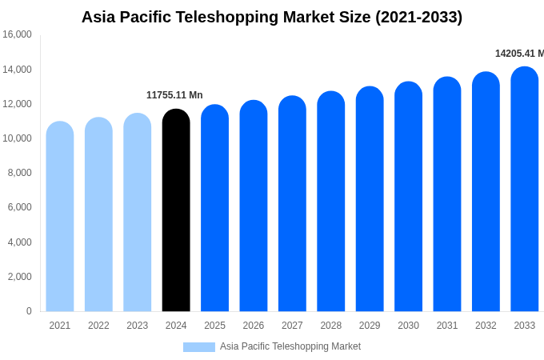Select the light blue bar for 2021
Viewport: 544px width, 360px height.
point(60,217)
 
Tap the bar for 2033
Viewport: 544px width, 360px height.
point(525,190)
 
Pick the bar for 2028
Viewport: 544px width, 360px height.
point(331,202)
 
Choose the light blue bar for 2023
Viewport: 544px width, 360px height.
point(138,213)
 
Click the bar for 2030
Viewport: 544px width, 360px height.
point(408,197)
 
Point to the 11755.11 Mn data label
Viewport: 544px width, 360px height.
point(174,95)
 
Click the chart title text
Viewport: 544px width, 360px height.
point(272,17)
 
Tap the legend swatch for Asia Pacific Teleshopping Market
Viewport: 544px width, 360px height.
point(198,347)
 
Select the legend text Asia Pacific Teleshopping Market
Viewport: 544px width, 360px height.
point(290,347)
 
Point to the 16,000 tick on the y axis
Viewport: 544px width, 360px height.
point(17,34)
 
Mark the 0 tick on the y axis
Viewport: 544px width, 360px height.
point(29,311)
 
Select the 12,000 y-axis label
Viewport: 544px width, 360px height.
point(17,104)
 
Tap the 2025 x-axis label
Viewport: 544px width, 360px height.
point(214,326)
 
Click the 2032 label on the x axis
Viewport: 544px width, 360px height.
point(486,326)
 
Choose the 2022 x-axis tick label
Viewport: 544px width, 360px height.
point(98,326)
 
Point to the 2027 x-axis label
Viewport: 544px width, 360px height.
point(292,326)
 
